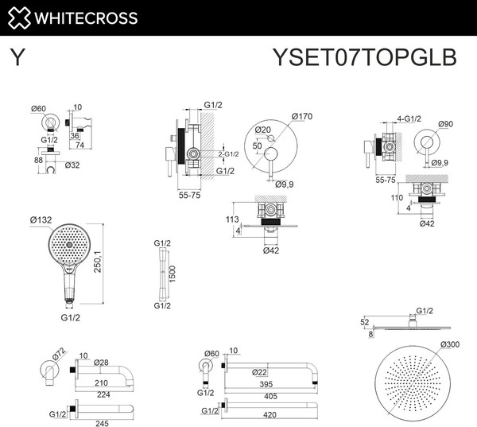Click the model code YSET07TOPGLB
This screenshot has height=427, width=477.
(364, 57)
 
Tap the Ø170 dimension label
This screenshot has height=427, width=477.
(302, 117)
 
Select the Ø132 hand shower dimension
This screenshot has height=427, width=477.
(41, 220)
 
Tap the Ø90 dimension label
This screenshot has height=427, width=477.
(446, 123)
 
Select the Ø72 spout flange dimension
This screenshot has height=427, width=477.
(58, 353)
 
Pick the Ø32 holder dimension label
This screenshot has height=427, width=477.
(72, 165)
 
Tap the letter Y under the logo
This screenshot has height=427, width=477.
(16, 57)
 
